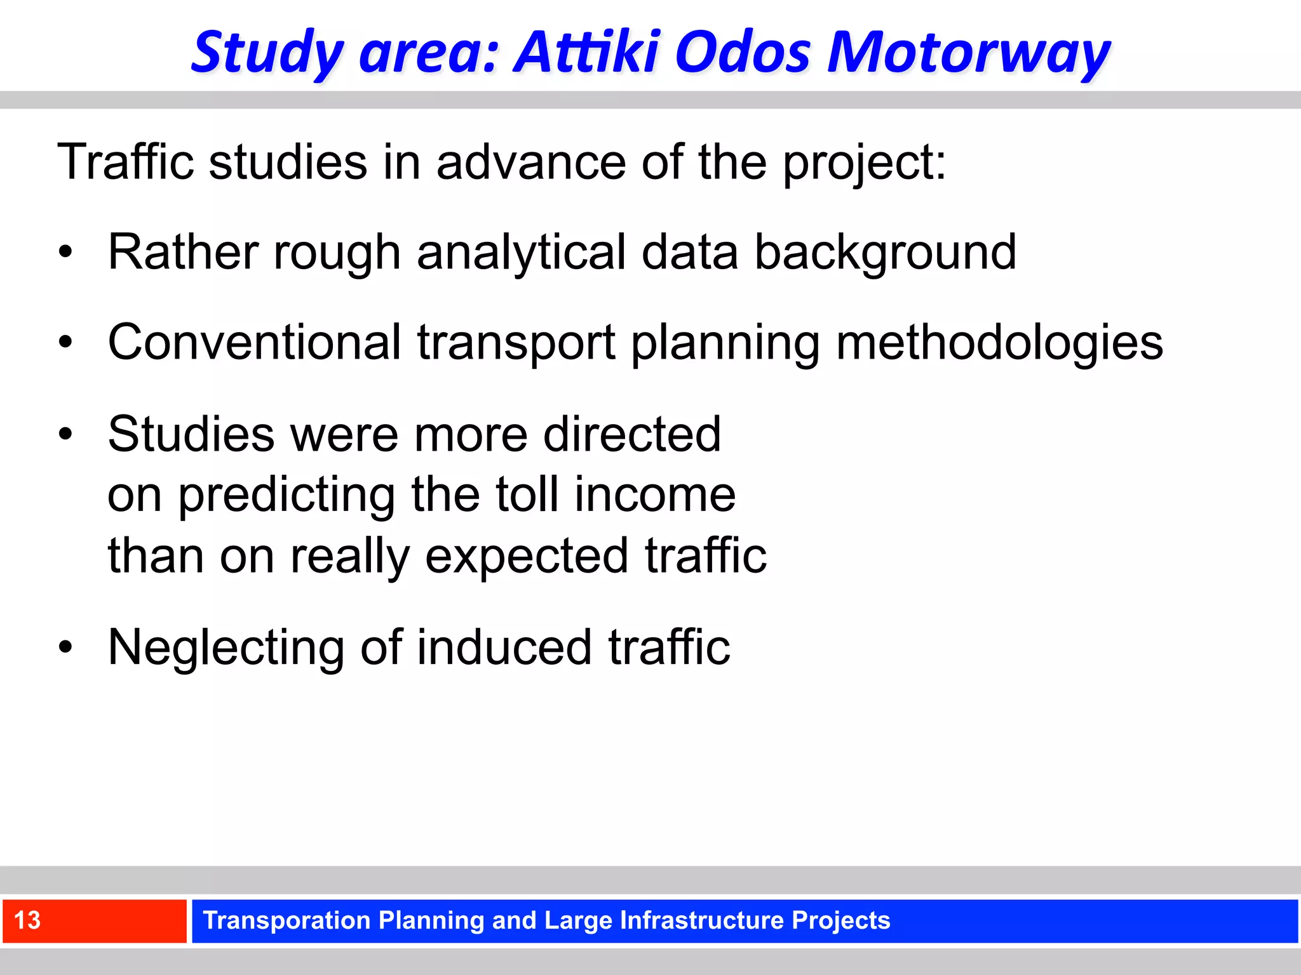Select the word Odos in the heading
pos(742,52)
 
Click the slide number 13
pos(27,920)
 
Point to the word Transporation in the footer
pos(286,920)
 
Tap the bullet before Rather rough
pos(65,253)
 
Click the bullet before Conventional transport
pos(65,343)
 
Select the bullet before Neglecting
pos(65,648)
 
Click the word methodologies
pos(999,343)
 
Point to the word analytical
pos(522,253)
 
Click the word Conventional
pos(254,343)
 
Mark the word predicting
pos(286,494)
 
